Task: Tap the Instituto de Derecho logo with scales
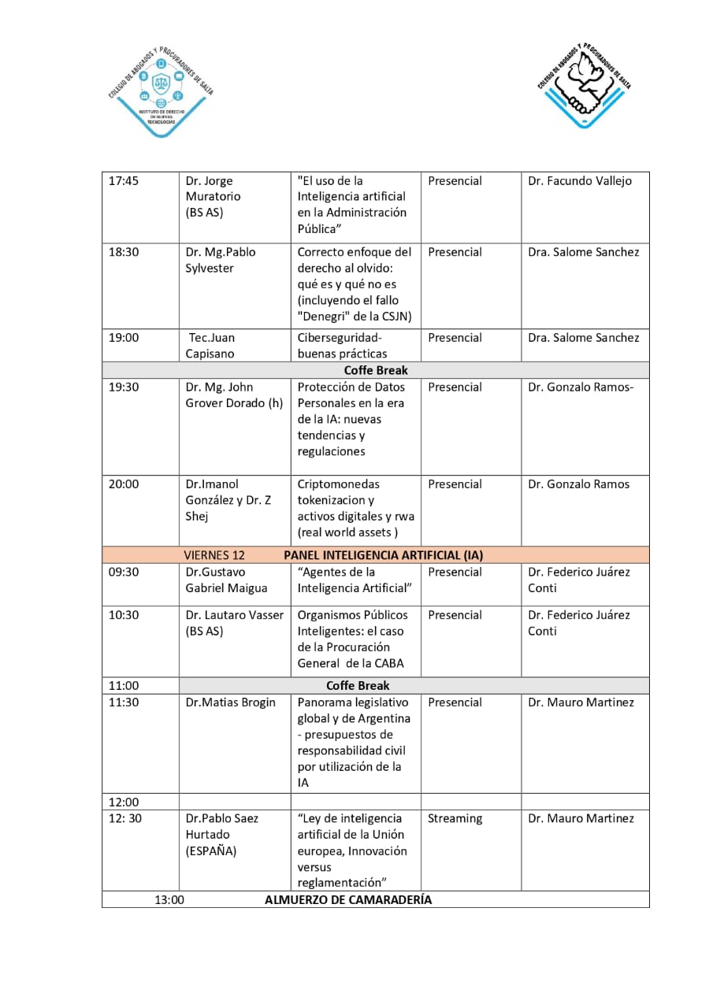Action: pos(161,91)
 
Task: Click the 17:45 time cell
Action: pos(124,181)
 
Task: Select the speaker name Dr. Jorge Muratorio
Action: pos(214,196)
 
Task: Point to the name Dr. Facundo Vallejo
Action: pos(579,181)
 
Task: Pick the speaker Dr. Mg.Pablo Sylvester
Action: pos(221,260)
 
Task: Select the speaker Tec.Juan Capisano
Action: pos(210,346)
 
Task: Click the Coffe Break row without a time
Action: pos(376,370)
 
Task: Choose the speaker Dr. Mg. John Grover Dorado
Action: pos(233,395)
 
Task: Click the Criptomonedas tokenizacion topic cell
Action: pos(355,508)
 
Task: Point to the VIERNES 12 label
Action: pos(214,555)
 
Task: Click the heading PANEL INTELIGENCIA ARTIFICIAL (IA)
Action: pos(383,555)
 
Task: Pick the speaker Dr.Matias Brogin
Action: pos(230,702)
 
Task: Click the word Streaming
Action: pos(455,818)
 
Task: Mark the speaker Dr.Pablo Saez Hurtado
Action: pos(221,834)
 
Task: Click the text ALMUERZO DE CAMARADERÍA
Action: pos(348,899)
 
